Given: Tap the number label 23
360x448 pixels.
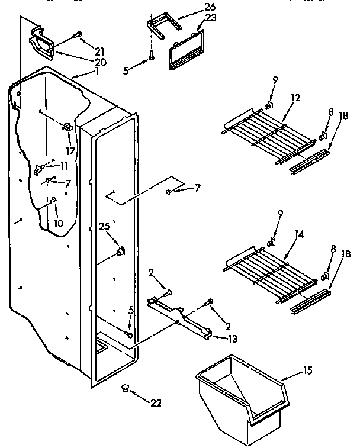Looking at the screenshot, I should click(195, 18).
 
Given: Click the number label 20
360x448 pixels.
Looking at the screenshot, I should click(85, 62).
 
